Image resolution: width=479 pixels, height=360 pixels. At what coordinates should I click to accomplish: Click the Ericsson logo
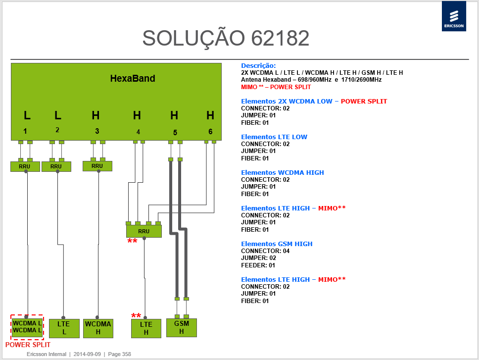[x=454, y=16]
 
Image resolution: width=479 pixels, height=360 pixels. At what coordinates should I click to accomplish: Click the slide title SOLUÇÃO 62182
[x=226, y=39]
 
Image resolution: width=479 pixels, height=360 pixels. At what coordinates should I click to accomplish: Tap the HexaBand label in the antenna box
[x=133, y=79]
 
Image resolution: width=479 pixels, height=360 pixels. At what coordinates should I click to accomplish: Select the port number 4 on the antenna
[x=138, y=132]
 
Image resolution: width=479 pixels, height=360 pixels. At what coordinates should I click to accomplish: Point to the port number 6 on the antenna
[x=210, y=131]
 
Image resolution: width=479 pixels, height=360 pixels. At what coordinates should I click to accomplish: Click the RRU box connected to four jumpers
[x=144, y=231]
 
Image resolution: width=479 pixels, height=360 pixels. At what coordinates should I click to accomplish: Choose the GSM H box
[x=182, y=328]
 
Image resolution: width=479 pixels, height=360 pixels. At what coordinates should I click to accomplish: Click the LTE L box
[x=64, y=328]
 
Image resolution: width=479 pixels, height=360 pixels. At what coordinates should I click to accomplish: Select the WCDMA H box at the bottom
[x=98, y=328]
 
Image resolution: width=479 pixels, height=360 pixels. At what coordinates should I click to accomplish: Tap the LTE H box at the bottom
[x=146, y=328]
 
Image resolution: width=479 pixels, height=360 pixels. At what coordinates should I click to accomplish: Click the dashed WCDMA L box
[x=27, y=327]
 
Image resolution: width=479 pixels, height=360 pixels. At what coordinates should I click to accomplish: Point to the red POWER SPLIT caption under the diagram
[x=28, y=345]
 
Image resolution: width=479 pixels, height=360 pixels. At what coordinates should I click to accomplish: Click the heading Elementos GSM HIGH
[x=277, y=244]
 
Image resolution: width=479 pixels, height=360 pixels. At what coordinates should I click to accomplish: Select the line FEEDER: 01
[x=258, y=265]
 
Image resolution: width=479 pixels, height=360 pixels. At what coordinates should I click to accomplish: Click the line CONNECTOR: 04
[x=265, y=251]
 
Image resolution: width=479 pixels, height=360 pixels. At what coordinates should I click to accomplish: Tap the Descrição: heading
[x=258, y=66]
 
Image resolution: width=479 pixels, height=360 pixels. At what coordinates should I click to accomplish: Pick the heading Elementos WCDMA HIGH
[x=283, y=173]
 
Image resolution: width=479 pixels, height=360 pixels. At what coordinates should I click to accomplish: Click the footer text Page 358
[x=119, y=354]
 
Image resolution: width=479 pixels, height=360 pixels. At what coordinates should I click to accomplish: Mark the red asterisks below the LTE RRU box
[x=132, y=241]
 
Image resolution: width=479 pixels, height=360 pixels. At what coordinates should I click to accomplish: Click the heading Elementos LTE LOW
[x=274, y=137]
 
